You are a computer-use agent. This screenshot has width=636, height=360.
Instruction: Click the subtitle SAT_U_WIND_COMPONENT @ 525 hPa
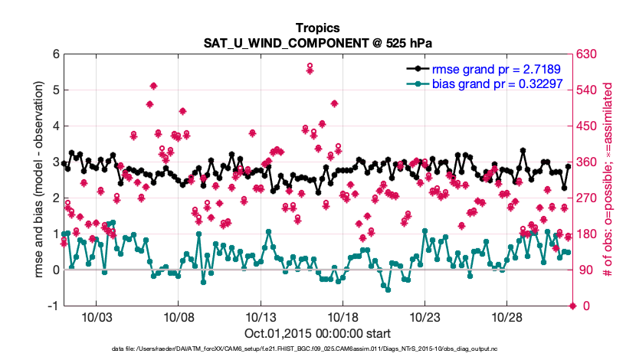point(317,42)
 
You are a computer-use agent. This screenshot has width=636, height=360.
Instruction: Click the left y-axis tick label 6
point(56,54)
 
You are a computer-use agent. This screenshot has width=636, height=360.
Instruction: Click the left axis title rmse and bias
point(38,180)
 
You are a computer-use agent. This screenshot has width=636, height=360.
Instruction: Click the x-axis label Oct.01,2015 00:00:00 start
point(317,333)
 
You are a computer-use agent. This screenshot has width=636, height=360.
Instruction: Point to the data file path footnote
point(317,349)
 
